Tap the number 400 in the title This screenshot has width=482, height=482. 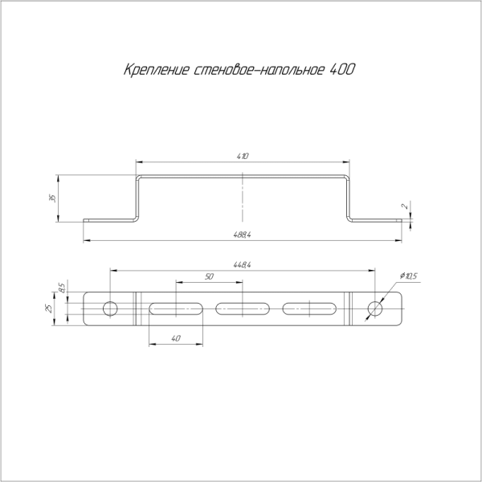click(342, 69)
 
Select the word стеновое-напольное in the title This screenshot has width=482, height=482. click(259, 70)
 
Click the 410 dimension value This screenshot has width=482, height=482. click(243, 156)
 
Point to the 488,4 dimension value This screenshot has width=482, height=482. click(243, 235)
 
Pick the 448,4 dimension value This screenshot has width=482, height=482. click(243, 264)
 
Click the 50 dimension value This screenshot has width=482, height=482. click(209, 276)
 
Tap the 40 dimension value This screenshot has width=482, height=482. click(175, 338)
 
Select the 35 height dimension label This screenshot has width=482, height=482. click(52, 198)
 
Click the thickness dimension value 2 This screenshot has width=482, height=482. click(406, 206)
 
